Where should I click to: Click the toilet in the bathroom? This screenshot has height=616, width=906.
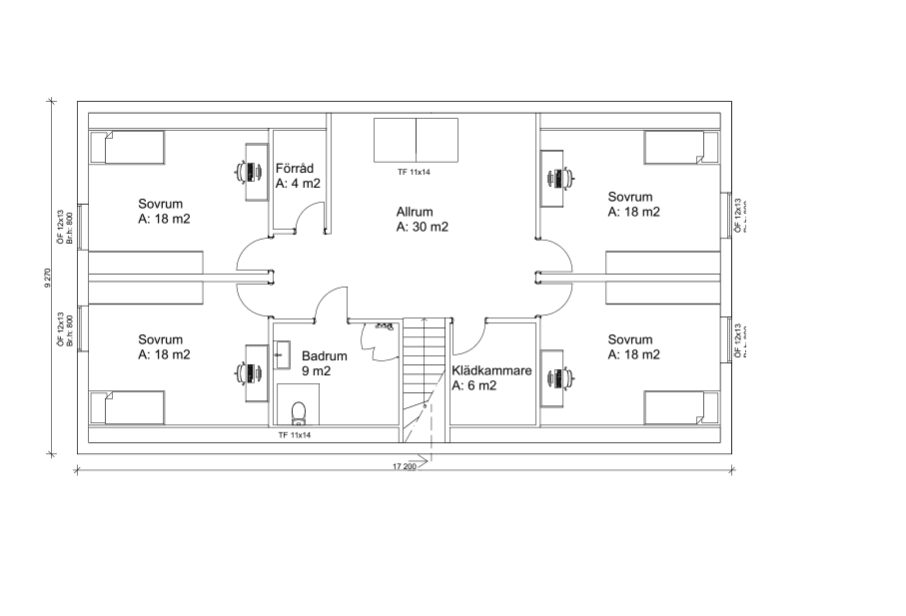tap(297, 412)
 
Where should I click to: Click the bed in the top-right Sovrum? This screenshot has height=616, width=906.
tap(680, 148)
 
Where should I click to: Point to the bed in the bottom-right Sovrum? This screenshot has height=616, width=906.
tap(680, 407)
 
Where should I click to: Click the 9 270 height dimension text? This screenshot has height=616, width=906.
tap(47, 278)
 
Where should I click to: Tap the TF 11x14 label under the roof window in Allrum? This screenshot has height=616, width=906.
tap(413, 172)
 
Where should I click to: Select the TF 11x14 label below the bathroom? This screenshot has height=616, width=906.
tap(295, 435)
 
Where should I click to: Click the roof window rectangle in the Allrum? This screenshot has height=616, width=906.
tap(416, 140)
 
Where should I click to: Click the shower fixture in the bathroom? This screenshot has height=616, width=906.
tap(383, 326)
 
